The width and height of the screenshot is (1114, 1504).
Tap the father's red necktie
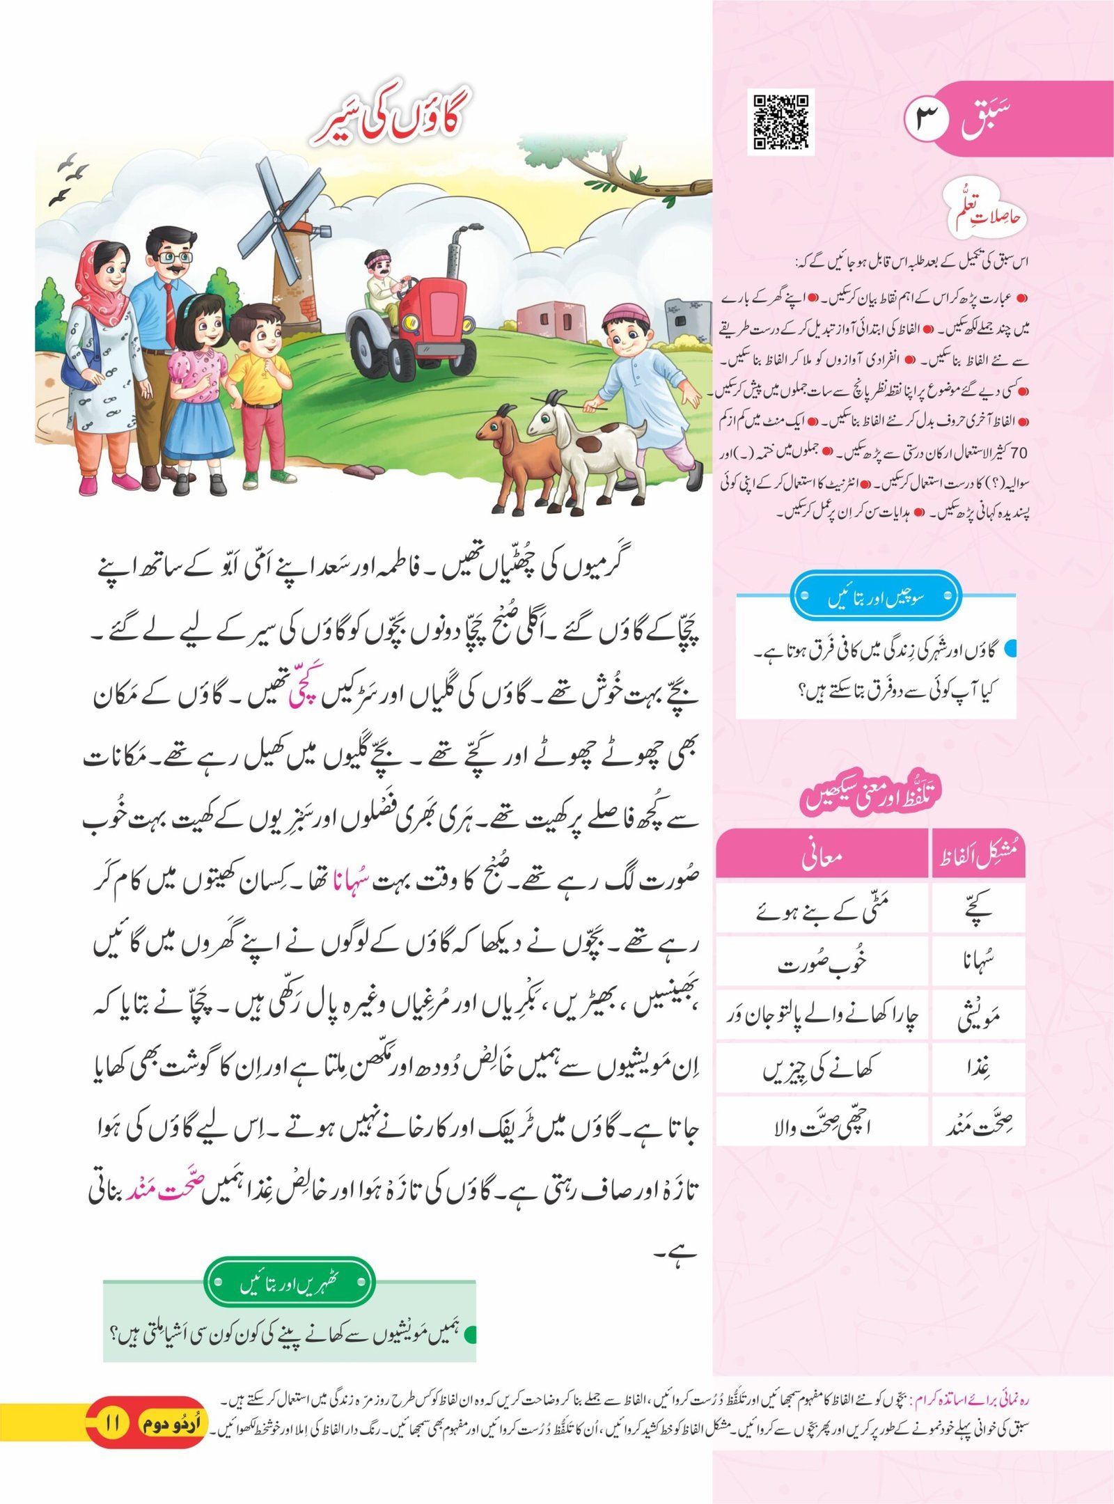[x=168, y=313]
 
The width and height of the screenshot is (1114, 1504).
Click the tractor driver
[x=383, y=279]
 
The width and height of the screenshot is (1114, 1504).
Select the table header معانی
[x=822, y=856]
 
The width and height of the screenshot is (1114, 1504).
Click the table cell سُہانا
[x=978, y=964]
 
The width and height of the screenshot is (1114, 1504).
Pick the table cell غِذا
[x=978, y=1068]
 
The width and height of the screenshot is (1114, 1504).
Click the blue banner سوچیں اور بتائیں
[x=876, y=597]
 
